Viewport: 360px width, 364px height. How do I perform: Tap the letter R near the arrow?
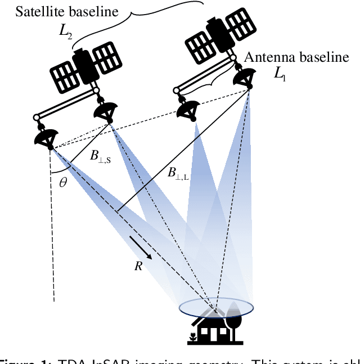[x=138, y=266]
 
